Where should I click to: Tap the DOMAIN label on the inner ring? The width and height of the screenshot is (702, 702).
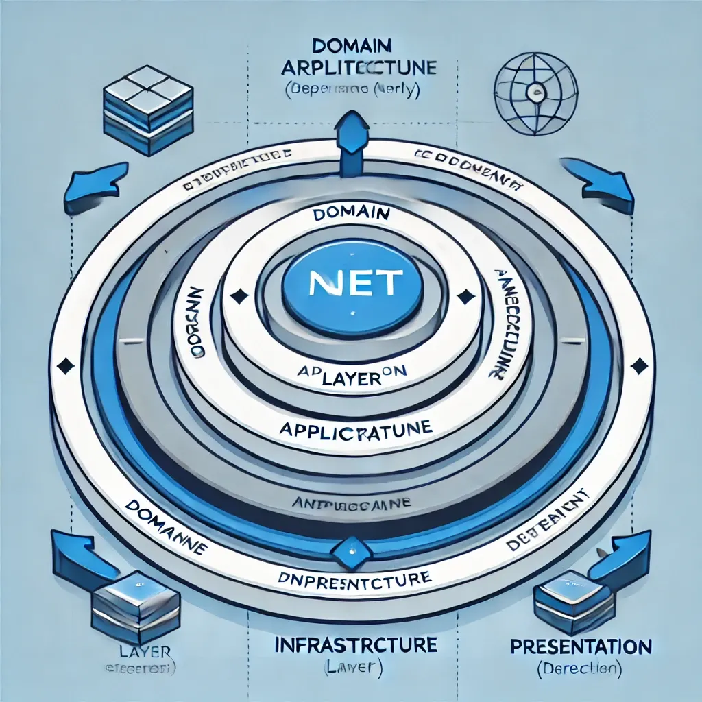pos(350,215)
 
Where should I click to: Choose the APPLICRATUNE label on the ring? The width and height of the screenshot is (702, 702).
pos(355,430)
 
